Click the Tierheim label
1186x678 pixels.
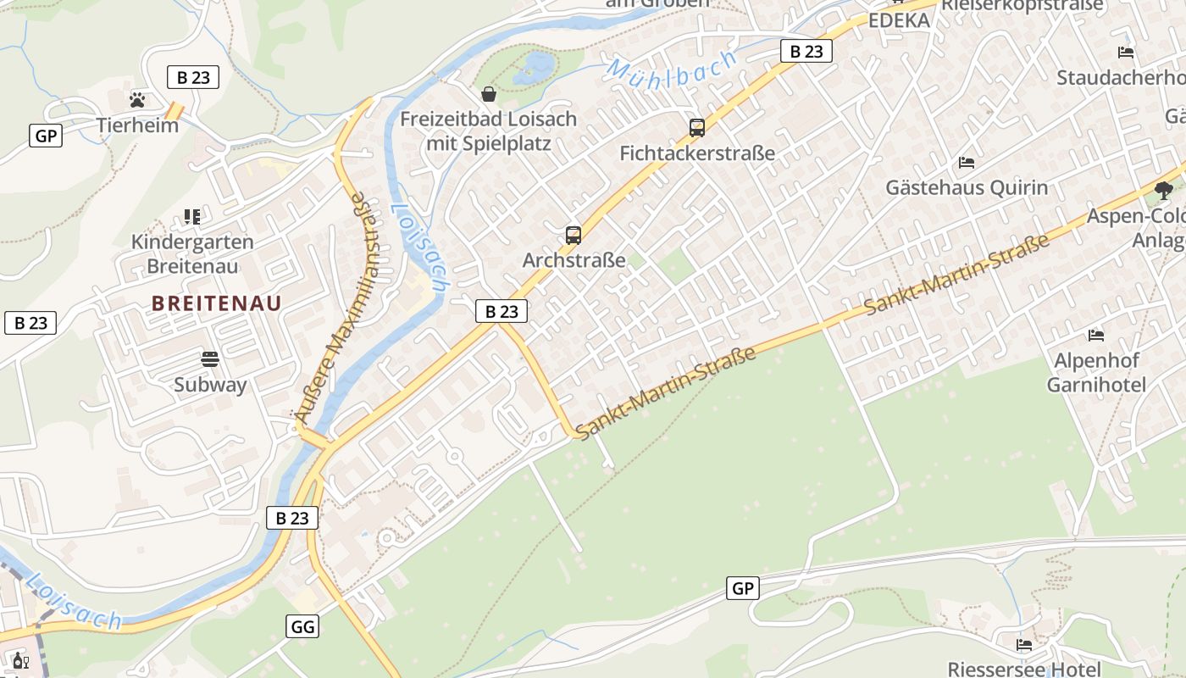[x=137, y=125]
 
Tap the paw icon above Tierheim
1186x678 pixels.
[x=137, y=100]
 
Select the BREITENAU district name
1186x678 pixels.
[x=217, y=303]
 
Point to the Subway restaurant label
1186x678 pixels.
[x=210, y=385]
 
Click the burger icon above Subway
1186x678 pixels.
[x=210, y=359]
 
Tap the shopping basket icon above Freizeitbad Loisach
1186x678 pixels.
[x=489, y=93]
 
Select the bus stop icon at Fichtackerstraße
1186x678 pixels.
[x=697, y=128]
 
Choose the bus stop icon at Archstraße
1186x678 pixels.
[x=574, y=236]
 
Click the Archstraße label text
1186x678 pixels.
[x=574, y=260]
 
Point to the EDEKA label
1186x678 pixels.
[x=899, y=20]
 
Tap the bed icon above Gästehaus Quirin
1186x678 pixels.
[x=967, y=162]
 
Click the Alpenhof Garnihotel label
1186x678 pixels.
[x=1096, y=373]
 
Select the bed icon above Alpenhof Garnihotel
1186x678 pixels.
[x=1096, y=336]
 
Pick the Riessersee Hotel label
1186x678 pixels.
[x=1024, y=669]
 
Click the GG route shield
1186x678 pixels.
[x=302, y=626]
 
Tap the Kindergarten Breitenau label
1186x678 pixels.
[x=192, y=253]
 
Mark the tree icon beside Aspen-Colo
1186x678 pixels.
[x=1165, y=191]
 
